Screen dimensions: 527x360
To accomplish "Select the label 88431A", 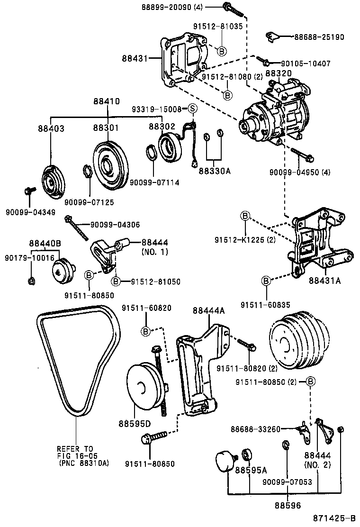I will (324, 281).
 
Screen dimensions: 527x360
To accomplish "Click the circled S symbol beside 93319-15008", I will (192, 109).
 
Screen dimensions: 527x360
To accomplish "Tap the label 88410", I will (106, 101).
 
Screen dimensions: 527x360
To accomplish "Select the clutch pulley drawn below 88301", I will (108, 164).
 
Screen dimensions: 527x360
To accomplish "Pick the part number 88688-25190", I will (319, 36).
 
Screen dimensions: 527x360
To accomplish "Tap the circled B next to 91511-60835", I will (266, 282).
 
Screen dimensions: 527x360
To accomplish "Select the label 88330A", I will (214, 171).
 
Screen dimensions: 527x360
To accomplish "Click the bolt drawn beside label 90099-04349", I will (28, 191).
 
